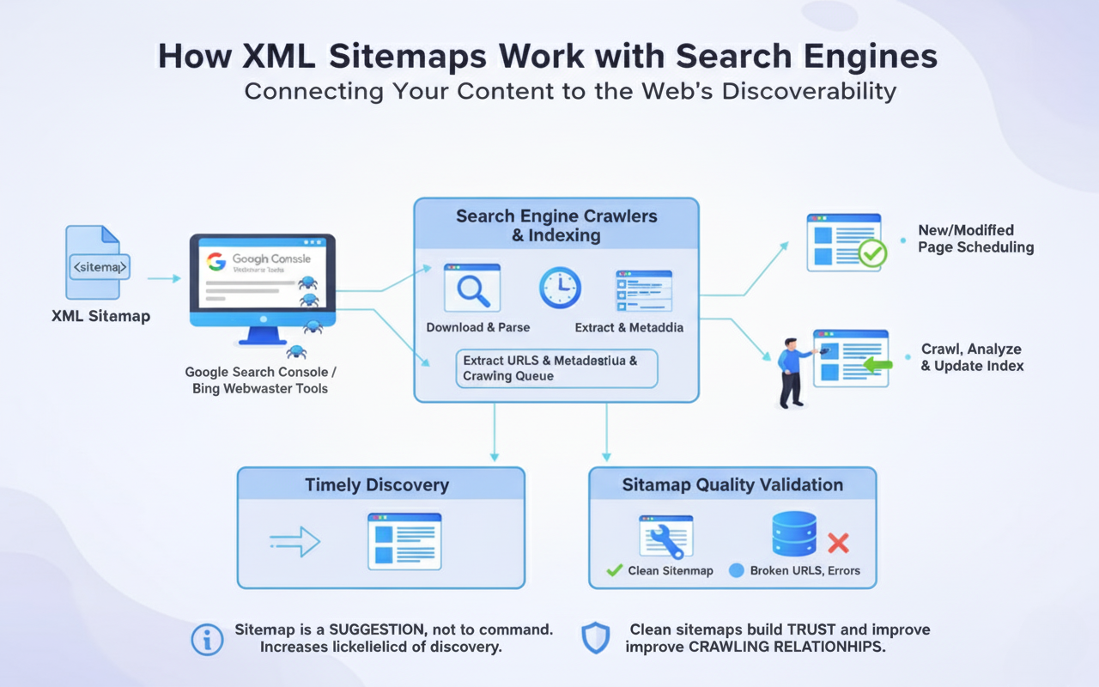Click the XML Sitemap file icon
[x=97, y=263]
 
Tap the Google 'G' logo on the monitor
[x=216, y=261]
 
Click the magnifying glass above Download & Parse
[x=471, y=289]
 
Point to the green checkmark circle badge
[x=872, y=253]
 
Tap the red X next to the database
[x=837, y=543]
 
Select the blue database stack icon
[x=794, y=534]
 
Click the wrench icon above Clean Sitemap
[x=665, y=538]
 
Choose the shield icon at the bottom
[x=596, y=639]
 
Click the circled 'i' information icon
[x=207, y=640]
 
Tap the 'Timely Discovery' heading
[x=377, y=485]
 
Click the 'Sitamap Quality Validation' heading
[x=732, y=485]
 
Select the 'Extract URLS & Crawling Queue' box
[x=556, y=368]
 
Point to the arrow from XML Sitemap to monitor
[x=163, y=278]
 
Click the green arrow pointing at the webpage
[x=877, y=365]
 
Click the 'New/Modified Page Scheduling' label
[x=975, y=239]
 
